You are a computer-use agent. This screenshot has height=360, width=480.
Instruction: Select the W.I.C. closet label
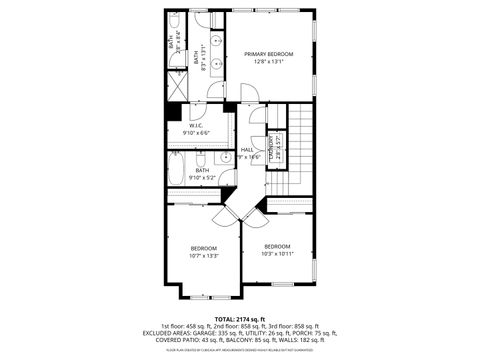coord(196,125)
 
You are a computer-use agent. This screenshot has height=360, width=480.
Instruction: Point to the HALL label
coord(246,150)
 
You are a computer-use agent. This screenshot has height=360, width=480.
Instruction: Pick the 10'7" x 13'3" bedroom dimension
coord(204,255)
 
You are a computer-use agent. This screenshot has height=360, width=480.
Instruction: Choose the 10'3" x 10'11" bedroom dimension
coord(277,253)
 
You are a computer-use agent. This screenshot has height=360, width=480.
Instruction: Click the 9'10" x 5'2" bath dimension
coord(202,177)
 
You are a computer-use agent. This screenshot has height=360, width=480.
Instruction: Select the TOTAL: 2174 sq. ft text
coord(240,319)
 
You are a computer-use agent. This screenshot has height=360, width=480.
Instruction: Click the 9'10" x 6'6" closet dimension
coord(196,132)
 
